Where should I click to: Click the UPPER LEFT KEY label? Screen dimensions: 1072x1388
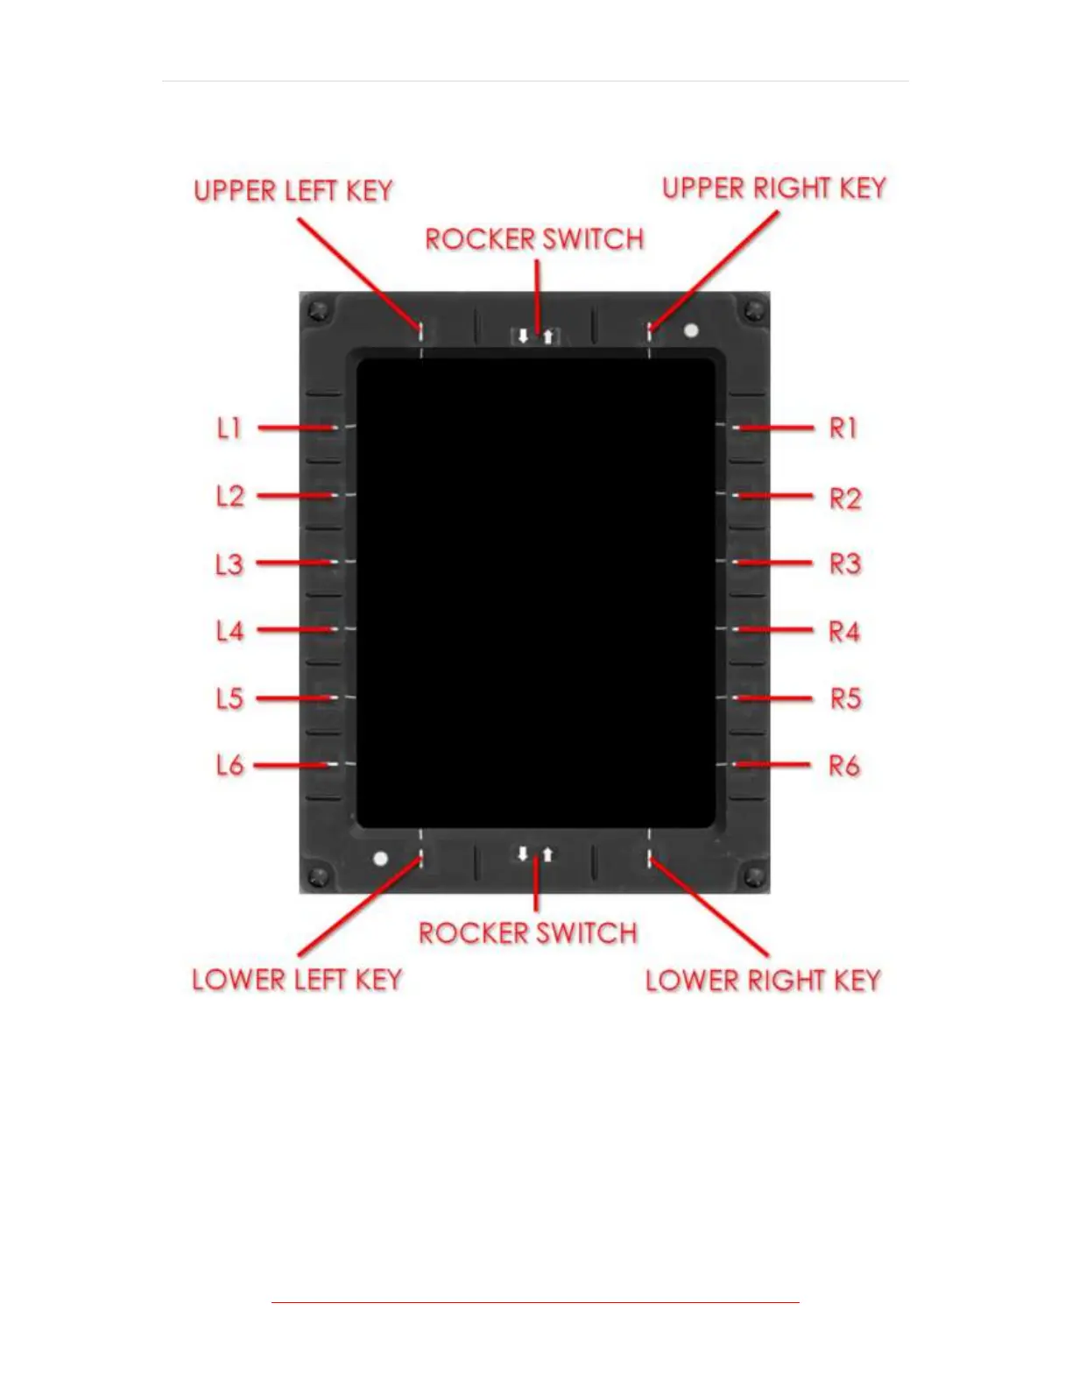click(x=293, y=191)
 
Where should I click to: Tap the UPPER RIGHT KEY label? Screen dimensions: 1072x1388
click(x=774, y=188)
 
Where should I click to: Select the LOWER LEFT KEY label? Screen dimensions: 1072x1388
click(x=297, y=979)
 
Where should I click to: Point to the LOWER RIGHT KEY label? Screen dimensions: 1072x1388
click(x=763, y=980)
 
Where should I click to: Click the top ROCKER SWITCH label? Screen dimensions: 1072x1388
click(x=534, y=239)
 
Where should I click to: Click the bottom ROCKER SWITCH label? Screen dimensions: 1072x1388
click(x=527, y=932)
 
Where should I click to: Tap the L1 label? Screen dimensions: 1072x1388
click(x=229, y=428)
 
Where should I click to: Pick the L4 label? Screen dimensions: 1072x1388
click(x=229, y=631)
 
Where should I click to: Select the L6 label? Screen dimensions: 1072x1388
click(x=229, y=766)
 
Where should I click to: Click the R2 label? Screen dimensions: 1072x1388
click(x=845, y=499)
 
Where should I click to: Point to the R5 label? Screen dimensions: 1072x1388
click(x=845, y=698)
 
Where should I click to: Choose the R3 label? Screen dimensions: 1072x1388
click(x=845, y=563)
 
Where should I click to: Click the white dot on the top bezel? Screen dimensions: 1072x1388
click(x=691, y=330)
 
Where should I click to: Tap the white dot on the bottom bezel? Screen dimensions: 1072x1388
click(x=380, y=858)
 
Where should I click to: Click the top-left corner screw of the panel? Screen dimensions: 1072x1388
click(x=318, y=310)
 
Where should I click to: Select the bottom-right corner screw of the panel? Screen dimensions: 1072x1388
click(x=752, y=875)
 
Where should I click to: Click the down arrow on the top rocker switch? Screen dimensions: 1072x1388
click(x=523, y=336)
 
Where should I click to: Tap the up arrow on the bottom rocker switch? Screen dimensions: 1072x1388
click(x=548, y=853)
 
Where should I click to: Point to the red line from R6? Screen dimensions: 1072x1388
click(x=774, y=765)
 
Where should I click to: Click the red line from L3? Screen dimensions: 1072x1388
click(x=294, y=563)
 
